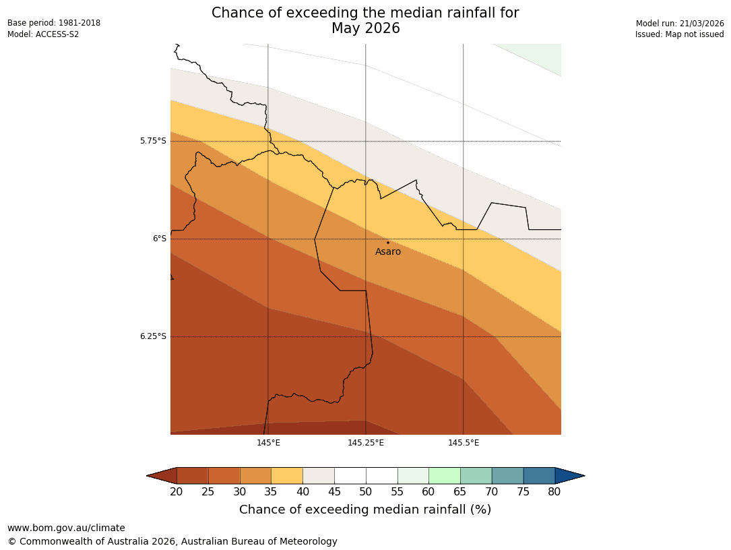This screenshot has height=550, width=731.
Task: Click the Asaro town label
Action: coord(388,252)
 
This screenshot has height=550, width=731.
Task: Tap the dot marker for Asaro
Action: coord(388,243)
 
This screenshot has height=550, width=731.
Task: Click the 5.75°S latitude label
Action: coord(153,141)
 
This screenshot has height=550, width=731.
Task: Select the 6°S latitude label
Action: coord(159,239)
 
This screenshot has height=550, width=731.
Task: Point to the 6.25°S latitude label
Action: coord(153,336)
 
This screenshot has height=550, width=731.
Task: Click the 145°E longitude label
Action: coord(268,443)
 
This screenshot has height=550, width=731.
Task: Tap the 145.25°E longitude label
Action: coord(366,443)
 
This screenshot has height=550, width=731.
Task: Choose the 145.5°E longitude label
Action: coord(464,443)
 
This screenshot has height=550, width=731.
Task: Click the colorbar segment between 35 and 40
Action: coord(287,476)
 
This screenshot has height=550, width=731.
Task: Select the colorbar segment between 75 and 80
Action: coord(539,476)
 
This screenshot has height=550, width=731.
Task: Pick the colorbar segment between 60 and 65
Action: coord(445,476)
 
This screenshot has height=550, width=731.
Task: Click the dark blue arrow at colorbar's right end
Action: coord(569,476)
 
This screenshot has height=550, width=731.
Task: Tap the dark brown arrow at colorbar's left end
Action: coord(162,476)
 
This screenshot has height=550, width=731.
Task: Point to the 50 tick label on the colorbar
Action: coord(366,492)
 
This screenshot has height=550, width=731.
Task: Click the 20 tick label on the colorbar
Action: coord(177,492)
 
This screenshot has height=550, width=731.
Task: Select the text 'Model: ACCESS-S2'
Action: coord(43,34)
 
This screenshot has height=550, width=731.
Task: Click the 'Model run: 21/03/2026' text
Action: coord(680,24)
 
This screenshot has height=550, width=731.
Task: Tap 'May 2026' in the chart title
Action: coord(366,28)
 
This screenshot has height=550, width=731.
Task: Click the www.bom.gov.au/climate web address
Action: coord(66,528)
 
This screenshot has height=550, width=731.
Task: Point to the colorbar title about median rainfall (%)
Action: coord(365,510)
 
